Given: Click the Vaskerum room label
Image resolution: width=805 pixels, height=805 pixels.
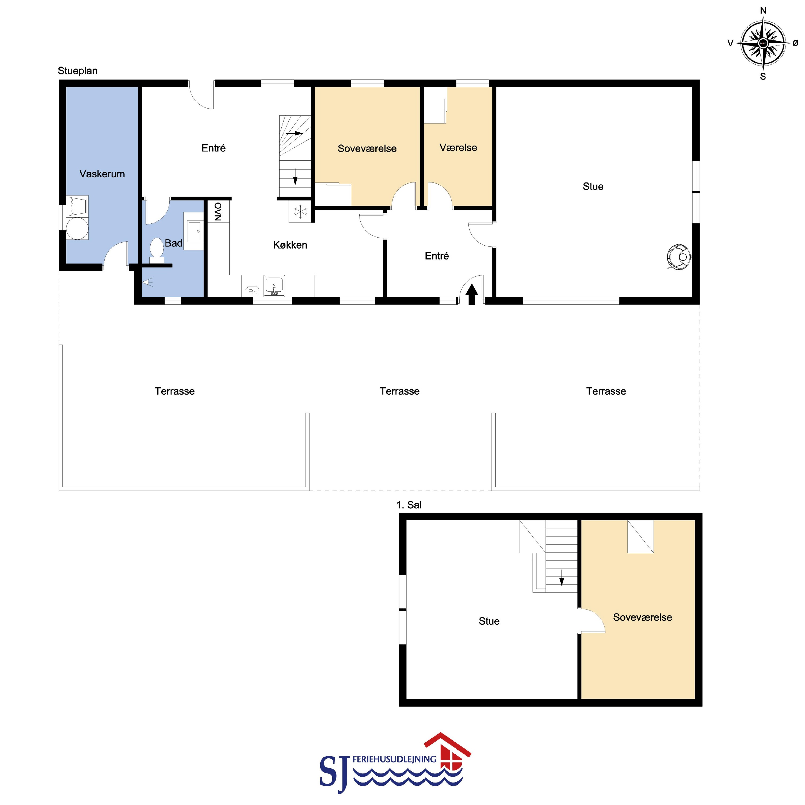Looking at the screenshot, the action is pos(102,174).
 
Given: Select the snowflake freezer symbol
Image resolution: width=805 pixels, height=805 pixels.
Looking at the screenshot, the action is pos(300,212).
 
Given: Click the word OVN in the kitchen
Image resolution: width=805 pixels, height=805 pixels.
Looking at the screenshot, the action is pos(218,211).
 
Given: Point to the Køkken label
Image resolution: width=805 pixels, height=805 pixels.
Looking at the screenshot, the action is pos(290,245).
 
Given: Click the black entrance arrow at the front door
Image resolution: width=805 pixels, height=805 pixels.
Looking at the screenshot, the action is pos(472,295).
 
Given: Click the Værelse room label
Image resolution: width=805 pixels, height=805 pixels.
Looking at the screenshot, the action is pos(458,147).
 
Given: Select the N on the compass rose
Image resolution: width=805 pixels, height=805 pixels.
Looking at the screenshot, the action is pos(763,10).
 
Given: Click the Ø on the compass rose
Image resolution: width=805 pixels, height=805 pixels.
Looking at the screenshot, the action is pos(795,43).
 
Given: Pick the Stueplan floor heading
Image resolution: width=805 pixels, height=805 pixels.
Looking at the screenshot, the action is pos(78,71).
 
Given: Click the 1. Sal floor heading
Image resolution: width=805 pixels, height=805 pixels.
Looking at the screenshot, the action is pos(409,505).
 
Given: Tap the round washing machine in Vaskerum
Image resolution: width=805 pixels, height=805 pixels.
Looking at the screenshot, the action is pos(77,228).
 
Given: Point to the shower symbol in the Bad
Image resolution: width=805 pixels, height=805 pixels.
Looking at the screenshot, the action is pos(148,283).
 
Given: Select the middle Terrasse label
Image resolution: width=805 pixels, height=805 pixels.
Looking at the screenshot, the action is pos(400,391).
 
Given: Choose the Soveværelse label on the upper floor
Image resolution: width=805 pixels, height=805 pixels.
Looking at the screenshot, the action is pos(643,617).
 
